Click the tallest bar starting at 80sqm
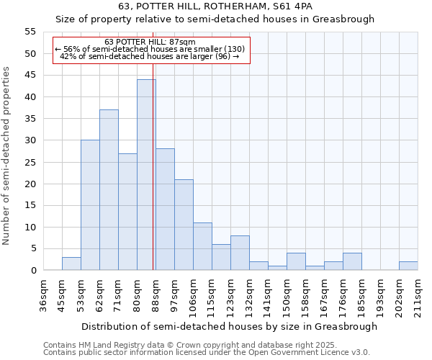pos(146,175)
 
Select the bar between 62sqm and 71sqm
pos(109,190)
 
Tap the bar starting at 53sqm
pos(90,205)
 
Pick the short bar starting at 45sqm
pos(71,264)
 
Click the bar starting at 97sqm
pos(184,225)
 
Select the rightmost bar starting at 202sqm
pos(408,266)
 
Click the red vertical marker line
pos(153,180)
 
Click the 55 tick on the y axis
pos(30,32)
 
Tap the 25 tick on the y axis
pos(30,162)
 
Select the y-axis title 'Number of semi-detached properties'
pos(7,156)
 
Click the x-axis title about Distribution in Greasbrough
pos(229,326)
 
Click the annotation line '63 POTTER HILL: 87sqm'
pos(150,42)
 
